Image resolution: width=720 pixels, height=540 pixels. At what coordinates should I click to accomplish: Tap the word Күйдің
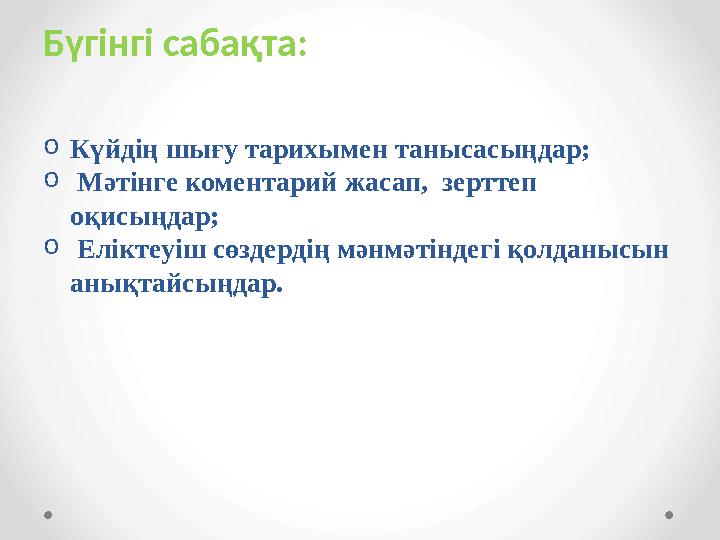(107, 152)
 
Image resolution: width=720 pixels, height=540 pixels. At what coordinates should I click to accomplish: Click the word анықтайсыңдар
(177, 284)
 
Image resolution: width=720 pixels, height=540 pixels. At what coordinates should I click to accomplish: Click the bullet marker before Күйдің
(51, 148)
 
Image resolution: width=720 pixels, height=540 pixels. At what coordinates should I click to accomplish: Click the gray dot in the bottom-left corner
(49, 515)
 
